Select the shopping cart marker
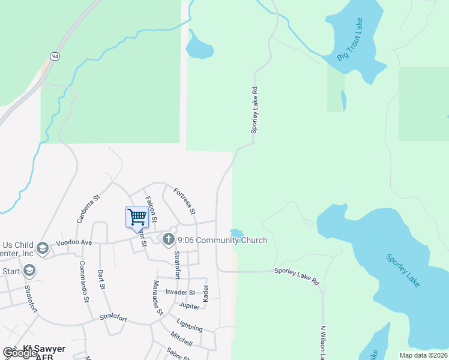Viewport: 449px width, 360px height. pos(137,217)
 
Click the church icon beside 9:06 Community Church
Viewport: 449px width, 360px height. pos(168,239)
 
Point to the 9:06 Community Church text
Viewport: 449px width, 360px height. pos(222,241)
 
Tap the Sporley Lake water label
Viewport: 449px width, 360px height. pos(403,271)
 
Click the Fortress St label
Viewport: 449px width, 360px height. pos(184,201)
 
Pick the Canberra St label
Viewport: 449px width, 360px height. pos(88,208)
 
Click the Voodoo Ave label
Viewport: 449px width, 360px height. pos(73,243)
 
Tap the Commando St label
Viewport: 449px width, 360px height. pos(84,281)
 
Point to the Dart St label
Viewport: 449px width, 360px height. pos(101,280)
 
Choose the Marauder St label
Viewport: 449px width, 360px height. pos(157,296)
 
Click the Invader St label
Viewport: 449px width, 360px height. pos(181,292)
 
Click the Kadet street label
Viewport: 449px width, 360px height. pos(205,292)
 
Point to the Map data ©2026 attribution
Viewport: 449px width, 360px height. pos(424,355)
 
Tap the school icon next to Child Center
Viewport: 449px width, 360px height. pos(42,248)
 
